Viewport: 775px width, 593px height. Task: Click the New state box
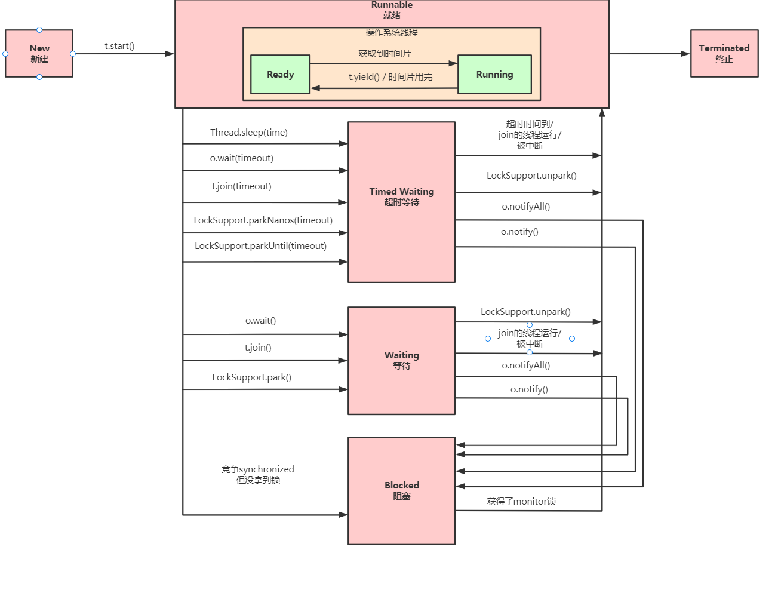tap(39, 54)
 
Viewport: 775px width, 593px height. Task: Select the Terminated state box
tap(724, 54)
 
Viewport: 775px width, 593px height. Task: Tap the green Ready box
tap(280, 75)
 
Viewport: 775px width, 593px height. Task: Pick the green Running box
tap(494, 75)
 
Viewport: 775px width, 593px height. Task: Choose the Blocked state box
tap(401, 490)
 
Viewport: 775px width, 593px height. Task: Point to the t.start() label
tap(119, 46)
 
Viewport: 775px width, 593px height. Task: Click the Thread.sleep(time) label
tap(248, 133)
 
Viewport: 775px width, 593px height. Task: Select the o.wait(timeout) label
tap(241, 158)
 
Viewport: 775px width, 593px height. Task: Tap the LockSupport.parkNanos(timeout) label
tap(263, 220)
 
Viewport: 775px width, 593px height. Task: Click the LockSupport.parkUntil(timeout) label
tap(260, 246)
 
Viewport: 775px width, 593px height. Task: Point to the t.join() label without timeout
tap(258, 348)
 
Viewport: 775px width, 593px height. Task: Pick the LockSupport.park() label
tap(251, 377)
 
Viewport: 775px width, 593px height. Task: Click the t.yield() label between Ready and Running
tap(390, 77)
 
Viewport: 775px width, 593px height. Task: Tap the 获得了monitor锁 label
tap(521, 502)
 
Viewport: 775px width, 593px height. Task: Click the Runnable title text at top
tap(392, 5)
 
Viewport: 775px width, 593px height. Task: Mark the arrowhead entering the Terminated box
tap(686, 54)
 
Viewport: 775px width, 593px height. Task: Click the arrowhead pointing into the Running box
tap(453, 63)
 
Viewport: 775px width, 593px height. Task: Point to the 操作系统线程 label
tap(392, 33)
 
